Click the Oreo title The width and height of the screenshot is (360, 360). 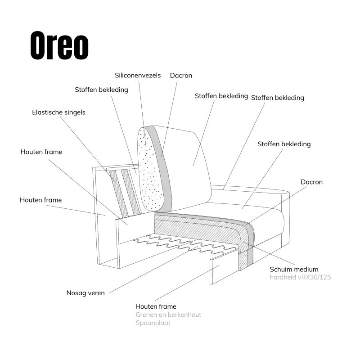pos(59,45)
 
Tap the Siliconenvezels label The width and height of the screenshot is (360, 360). pos(138,76)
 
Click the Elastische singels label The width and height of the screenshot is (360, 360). pos(58,112)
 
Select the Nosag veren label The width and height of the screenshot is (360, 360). pos(85,293)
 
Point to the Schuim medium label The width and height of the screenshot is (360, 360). pos(294,269)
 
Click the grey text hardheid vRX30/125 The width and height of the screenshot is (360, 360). pos(300,277)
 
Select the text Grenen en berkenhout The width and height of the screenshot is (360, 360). pos(168,315)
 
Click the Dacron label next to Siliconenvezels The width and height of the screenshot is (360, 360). pos(181,76)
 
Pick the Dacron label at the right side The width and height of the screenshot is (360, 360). pos(311,182)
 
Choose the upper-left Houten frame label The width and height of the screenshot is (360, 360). pos(41,152)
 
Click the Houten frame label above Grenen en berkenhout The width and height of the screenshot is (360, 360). pos(156,306)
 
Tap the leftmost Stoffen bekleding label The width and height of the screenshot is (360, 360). pos(101,90)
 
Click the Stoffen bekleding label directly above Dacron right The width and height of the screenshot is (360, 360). pos(284,144)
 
